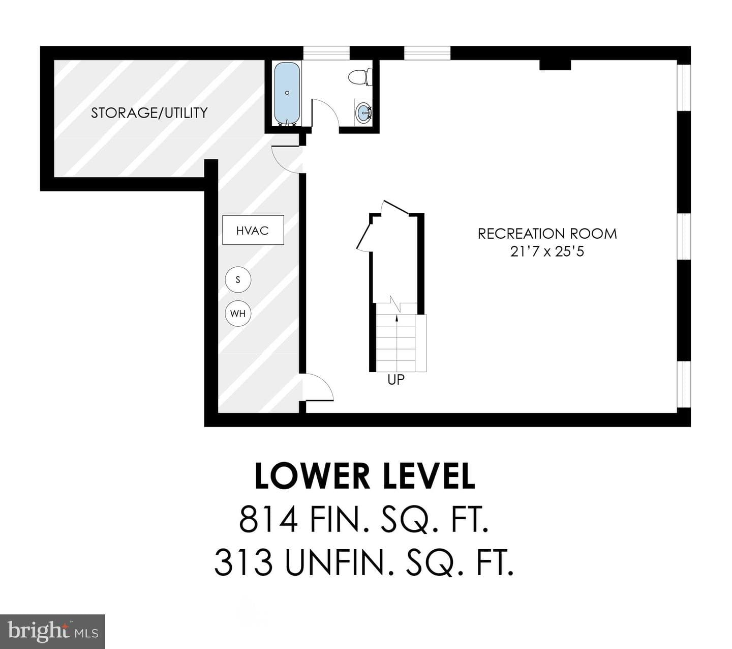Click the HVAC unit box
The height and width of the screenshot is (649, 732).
[x=253, y=230]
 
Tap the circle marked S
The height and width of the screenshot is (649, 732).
[x=238, y=279]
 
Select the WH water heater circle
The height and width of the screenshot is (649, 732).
[x=238, y=313]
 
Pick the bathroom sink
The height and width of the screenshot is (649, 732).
[x=363, y=112]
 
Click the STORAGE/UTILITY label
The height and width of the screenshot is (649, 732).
[x=149, y=113]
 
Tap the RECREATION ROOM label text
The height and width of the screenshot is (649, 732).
[x=547, y=234]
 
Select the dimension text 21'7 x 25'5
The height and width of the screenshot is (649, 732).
[x=547, y=251]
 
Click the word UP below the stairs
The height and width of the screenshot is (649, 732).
[x=396, y=380]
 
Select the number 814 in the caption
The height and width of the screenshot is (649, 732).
[x=268, y=520]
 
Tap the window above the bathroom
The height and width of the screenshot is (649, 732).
[x=326, y=53]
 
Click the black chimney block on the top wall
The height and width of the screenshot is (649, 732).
[x=555, y=65]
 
